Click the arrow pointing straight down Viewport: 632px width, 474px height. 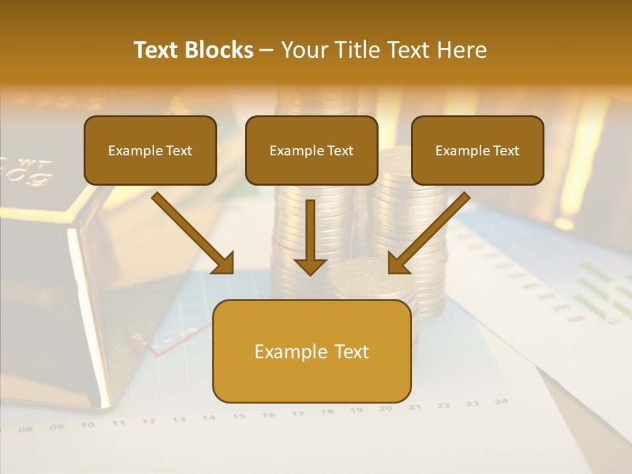310,237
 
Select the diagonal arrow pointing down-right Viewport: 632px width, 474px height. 194,234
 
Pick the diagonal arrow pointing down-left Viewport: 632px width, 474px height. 428,234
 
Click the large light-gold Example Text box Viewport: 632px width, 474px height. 311,351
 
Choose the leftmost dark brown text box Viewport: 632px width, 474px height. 150,150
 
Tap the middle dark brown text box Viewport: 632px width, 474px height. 311,150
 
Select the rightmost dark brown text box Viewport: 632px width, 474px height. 477,150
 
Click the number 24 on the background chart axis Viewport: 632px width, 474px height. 501,401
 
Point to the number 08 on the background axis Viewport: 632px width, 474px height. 26,429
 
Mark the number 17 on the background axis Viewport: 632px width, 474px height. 298,413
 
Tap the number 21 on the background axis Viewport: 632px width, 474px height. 414,407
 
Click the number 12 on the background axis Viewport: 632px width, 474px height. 149,421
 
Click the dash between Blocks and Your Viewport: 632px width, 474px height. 267,51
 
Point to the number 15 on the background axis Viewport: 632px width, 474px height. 238,416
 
